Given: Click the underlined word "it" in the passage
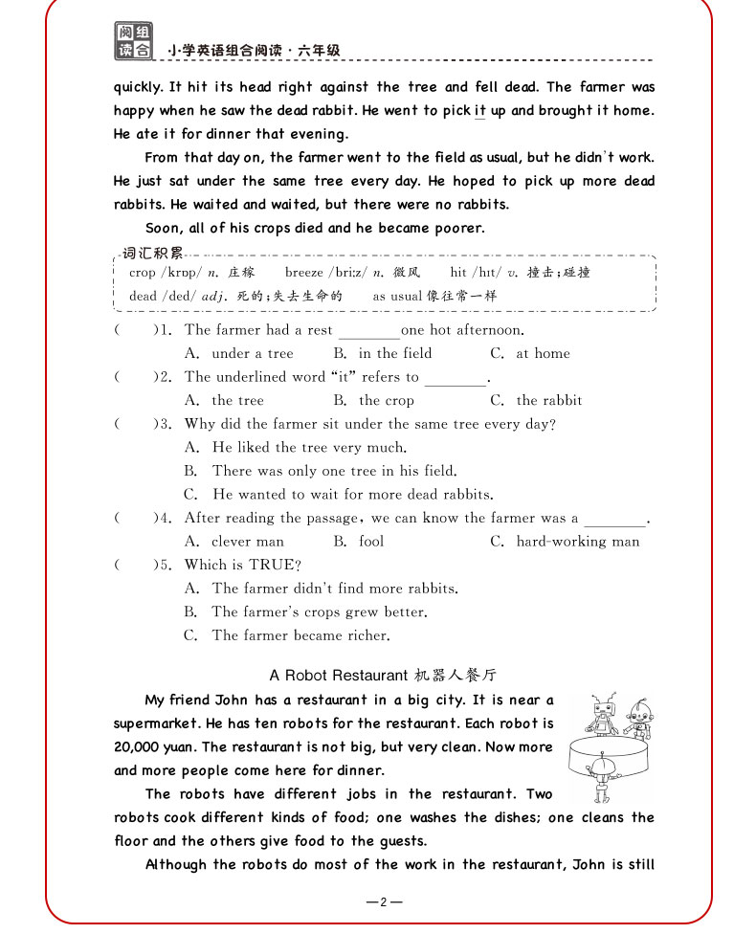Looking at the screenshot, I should click(x=480, y=111).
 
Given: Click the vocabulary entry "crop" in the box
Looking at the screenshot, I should click(x=142, y=273).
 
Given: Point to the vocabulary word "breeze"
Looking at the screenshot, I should click(x=304, y=273).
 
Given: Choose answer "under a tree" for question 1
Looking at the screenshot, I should click(x=252, y=353).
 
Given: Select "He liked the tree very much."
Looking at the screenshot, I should click(x=309, y=447).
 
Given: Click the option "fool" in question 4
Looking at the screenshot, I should click(x=371, y=541).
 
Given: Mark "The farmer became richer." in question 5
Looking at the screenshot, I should click(x=300, y=634).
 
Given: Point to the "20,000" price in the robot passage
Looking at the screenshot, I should click(x=141, y=747).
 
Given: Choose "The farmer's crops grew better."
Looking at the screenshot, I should click(x=319, y=612).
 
